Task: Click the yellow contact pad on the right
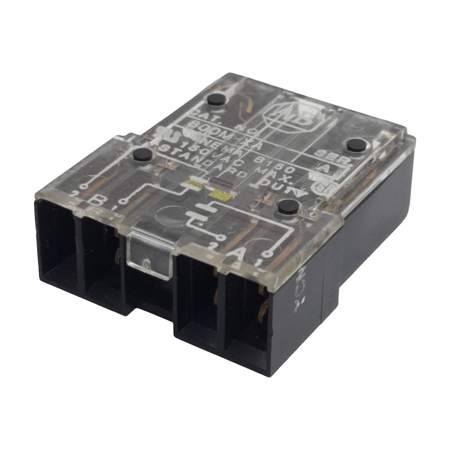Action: click(x=222, y=194)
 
